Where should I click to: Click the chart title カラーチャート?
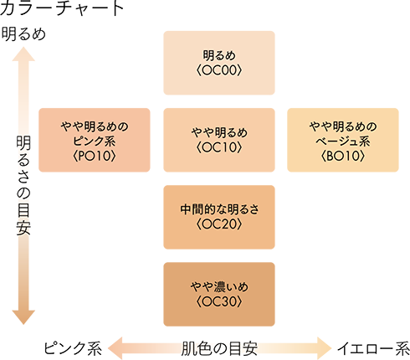coord(62,8)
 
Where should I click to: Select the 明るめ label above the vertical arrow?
coord(23,34)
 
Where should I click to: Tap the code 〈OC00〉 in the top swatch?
coord(219,70)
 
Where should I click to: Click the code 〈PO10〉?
coord(95,156)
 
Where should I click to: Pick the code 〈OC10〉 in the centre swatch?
coord(219,147)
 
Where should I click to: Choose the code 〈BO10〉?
coord(343,156)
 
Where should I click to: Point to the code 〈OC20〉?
coord(219,224)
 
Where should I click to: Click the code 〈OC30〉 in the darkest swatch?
coord(219,301)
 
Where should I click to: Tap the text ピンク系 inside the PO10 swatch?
coord(95,141)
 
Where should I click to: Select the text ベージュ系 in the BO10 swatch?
coord(343,141)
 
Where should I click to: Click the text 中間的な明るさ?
coord(219,209)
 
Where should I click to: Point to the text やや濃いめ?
coord(219,286)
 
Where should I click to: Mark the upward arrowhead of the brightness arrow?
coord(23,54)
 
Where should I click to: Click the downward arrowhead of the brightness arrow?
coord(23,317)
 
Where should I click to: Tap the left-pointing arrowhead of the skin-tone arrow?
coord(115,348)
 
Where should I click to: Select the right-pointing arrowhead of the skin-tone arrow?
coord(325,348)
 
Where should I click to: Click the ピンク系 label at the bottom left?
coord(73,348)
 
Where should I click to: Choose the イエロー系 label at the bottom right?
coord(373,348)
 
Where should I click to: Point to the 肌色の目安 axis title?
coord(219,348)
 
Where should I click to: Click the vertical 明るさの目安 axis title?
coord(23,186)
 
